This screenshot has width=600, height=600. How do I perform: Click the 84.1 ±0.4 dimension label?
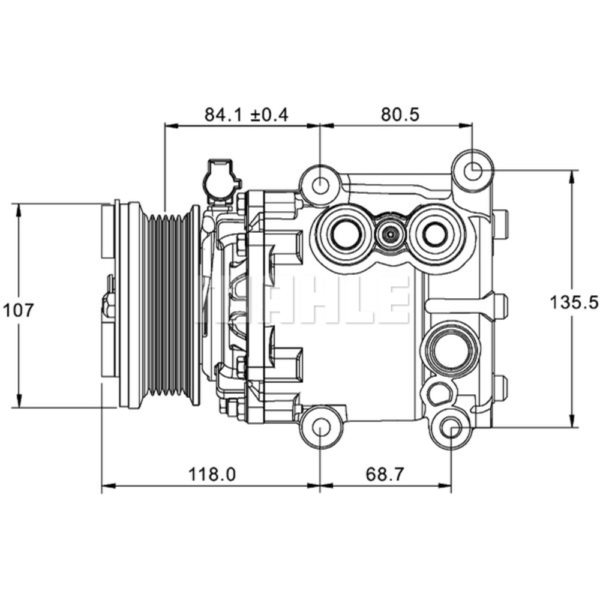(x=246, y=113)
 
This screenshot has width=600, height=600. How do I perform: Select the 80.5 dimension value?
(x=395, y=113)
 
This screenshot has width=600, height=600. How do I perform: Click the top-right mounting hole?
(x=472, y=170)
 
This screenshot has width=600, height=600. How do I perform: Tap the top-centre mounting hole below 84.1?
(x=320, y=184)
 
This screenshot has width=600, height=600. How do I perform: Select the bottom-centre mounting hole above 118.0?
(x=320, y=427)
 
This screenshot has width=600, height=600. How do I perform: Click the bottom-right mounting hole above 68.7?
(x=451, y=427)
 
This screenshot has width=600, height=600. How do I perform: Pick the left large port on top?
(x=344, y=233)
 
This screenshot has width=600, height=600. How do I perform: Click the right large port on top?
(x=434, y=234)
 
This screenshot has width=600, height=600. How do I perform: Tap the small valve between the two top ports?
(x=390, y=234)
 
